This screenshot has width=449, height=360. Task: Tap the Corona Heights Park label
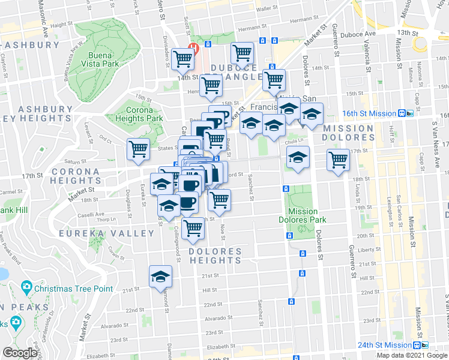pos(139,114)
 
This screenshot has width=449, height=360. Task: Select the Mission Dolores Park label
pos(303,215)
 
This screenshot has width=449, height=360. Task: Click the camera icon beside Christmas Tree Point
pos(26,288)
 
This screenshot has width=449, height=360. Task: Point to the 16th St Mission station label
pos(370,113)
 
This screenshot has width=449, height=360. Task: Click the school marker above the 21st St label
pos(160,277)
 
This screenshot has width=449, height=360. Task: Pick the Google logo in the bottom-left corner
pos(20,353)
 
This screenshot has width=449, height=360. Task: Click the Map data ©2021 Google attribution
pos(412,355)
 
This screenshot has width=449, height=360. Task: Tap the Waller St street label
pos(265,10)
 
